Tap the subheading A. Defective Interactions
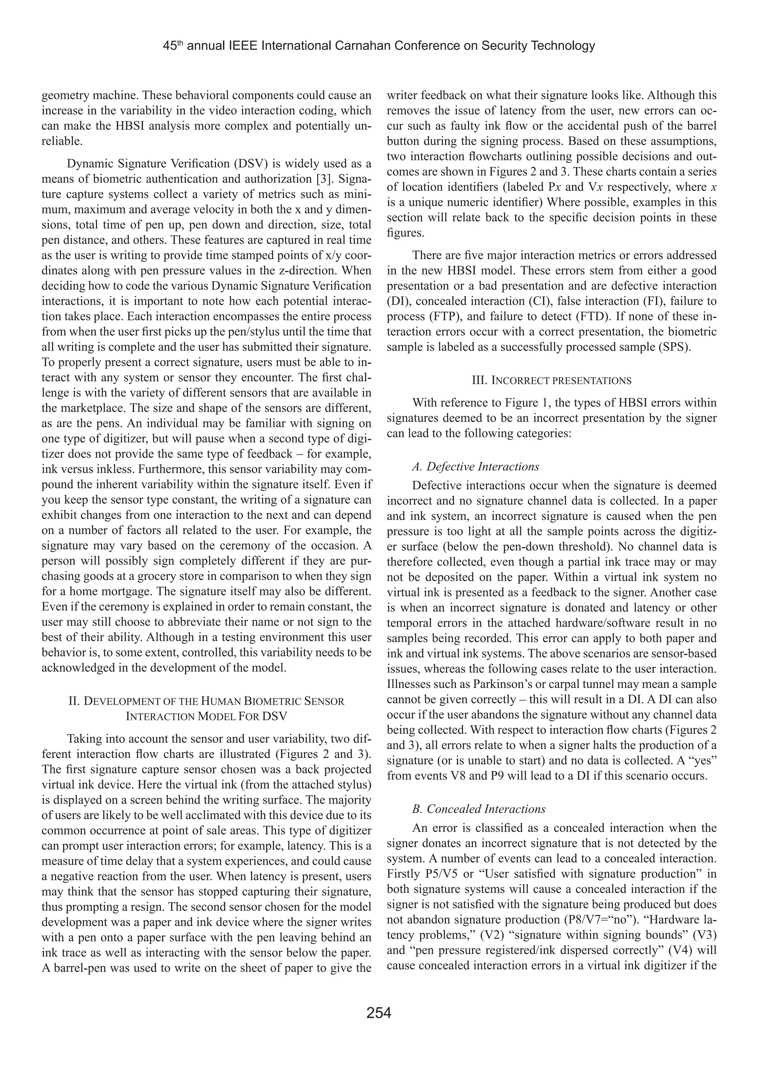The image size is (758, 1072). click(476, 466)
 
